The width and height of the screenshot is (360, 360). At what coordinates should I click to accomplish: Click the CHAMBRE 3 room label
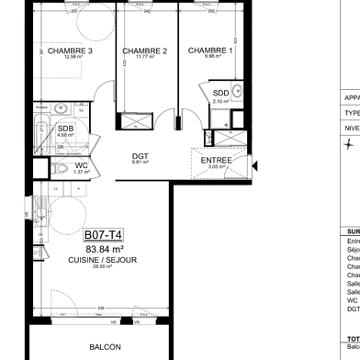tap(71, 51)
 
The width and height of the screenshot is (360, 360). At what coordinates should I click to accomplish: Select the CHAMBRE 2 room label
tap(144, 51)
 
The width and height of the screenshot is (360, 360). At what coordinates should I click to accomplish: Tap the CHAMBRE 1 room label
tap(210, 51)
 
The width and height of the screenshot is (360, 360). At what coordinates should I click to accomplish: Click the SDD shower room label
tap(221, 94)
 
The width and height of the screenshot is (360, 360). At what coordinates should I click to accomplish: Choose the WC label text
tap(81, 165)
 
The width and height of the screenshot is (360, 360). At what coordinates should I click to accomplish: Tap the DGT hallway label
tap(140, 156)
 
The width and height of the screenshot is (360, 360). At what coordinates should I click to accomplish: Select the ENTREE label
tap(216, 161)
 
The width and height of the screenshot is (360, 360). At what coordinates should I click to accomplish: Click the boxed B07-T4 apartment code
tap(104, 235)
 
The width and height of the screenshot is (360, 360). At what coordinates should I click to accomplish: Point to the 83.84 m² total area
tap(104, 249)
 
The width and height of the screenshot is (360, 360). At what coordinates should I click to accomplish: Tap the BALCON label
tap(104, 348)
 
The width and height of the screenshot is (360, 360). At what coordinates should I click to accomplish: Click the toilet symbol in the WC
tap(57, 168)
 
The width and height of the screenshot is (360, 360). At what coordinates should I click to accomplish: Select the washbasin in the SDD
tap(236, 91)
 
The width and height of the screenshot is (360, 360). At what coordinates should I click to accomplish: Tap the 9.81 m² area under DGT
tap(140, 163)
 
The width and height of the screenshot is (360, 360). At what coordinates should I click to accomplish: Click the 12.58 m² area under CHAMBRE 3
tap(71, 57)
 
